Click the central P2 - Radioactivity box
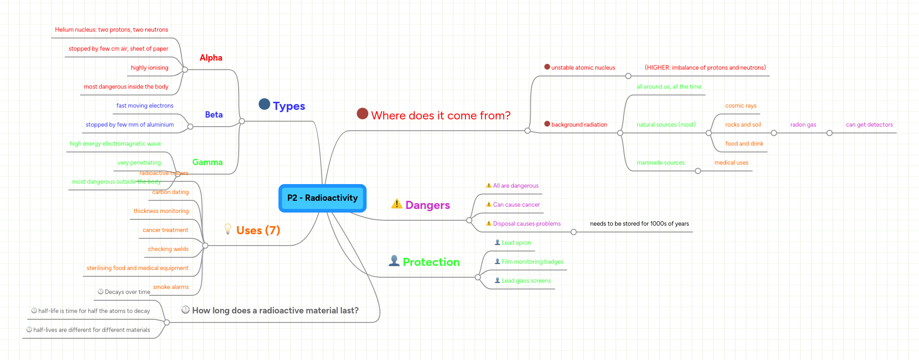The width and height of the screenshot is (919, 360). [x=322, y=198]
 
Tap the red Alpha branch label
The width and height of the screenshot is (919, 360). [x=211, y=58]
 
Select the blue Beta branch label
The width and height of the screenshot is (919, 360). [x=214, y=115]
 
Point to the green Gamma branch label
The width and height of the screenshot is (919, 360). [x=207, y=162]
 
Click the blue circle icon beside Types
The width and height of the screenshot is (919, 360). [x=264, y=104]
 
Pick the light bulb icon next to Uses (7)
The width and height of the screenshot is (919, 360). [x=228, y=229]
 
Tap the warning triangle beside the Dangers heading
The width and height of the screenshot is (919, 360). [x=396, y=204]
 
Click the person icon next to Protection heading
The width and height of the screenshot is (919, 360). [x=394, y=261]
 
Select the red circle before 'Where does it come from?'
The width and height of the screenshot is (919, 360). [x=363, y=114]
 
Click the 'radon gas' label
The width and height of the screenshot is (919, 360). [x=803, y=125]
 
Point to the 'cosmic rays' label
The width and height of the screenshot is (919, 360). [x=741, y=106]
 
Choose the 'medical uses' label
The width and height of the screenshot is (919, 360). [x=731, y=163]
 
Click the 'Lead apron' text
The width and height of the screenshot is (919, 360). [x=516, y=243]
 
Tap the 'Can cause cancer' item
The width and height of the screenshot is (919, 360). [x=516, y=205]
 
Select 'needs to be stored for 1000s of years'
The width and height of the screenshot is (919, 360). [x=639, y=224]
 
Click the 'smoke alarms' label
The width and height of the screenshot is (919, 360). [x=171, y=287]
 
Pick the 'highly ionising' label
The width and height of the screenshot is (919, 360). [x=150, y=68]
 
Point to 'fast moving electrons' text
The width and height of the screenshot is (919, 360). [x=145, y=106]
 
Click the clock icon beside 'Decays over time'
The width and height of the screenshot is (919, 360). [x=101, y=292]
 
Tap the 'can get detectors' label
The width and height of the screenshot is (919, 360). [x=869, y=125]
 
